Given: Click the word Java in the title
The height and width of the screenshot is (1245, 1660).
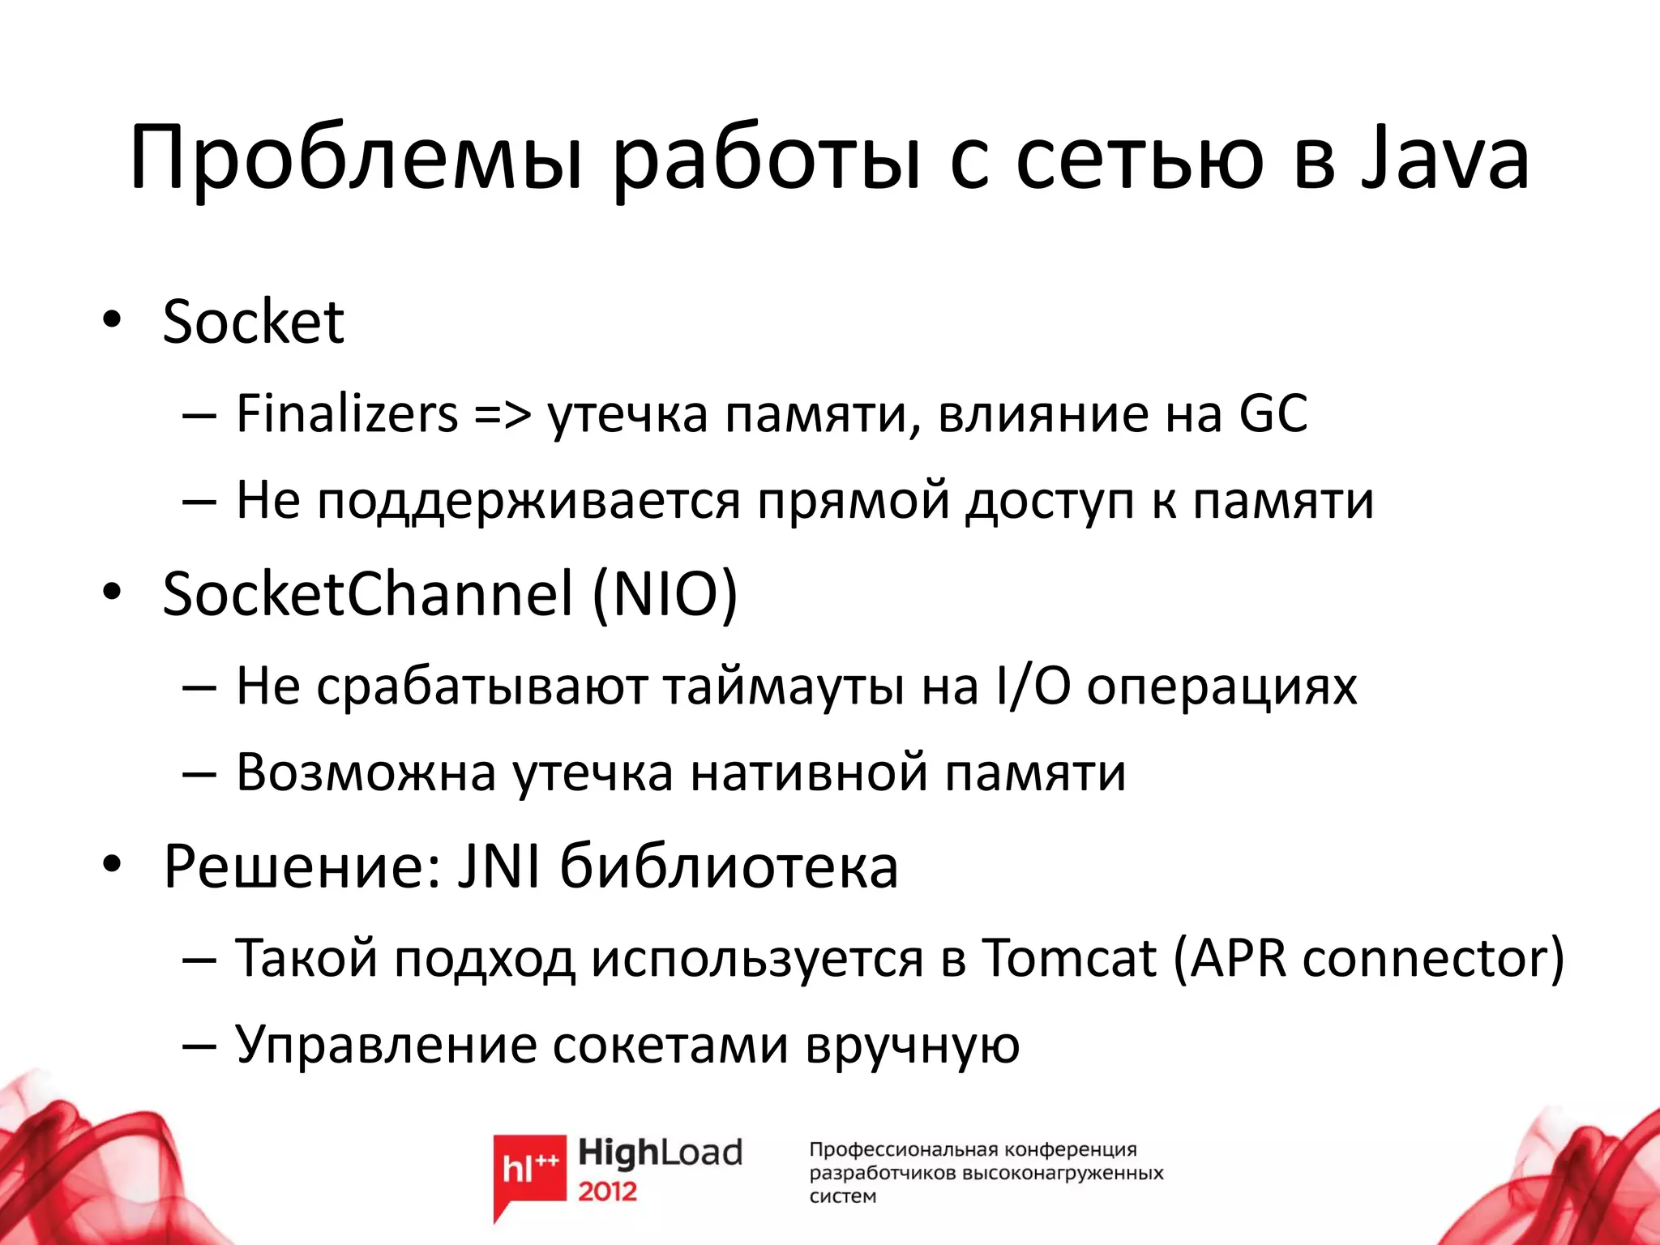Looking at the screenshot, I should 1444,158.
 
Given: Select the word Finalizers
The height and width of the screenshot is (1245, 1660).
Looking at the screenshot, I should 347,413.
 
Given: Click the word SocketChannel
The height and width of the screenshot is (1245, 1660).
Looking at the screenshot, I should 368,593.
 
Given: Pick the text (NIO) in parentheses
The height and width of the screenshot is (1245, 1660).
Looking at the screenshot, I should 665,595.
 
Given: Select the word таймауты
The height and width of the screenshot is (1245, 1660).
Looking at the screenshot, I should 783,687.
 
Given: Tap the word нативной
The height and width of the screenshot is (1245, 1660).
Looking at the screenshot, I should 810,772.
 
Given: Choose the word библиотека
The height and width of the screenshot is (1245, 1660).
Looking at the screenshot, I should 729,866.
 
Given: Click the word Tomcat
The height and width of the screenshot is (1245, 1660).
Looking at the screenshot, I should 1068,958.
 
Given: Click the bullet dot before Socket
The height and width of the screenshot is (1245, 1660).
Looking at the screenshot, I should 112,321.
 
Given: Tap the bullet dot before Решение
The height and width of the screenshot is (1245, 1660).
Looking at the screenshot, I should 112,866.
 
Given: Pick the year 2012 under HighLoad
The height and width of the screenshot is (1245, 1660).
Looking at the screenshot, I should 607,1192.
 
